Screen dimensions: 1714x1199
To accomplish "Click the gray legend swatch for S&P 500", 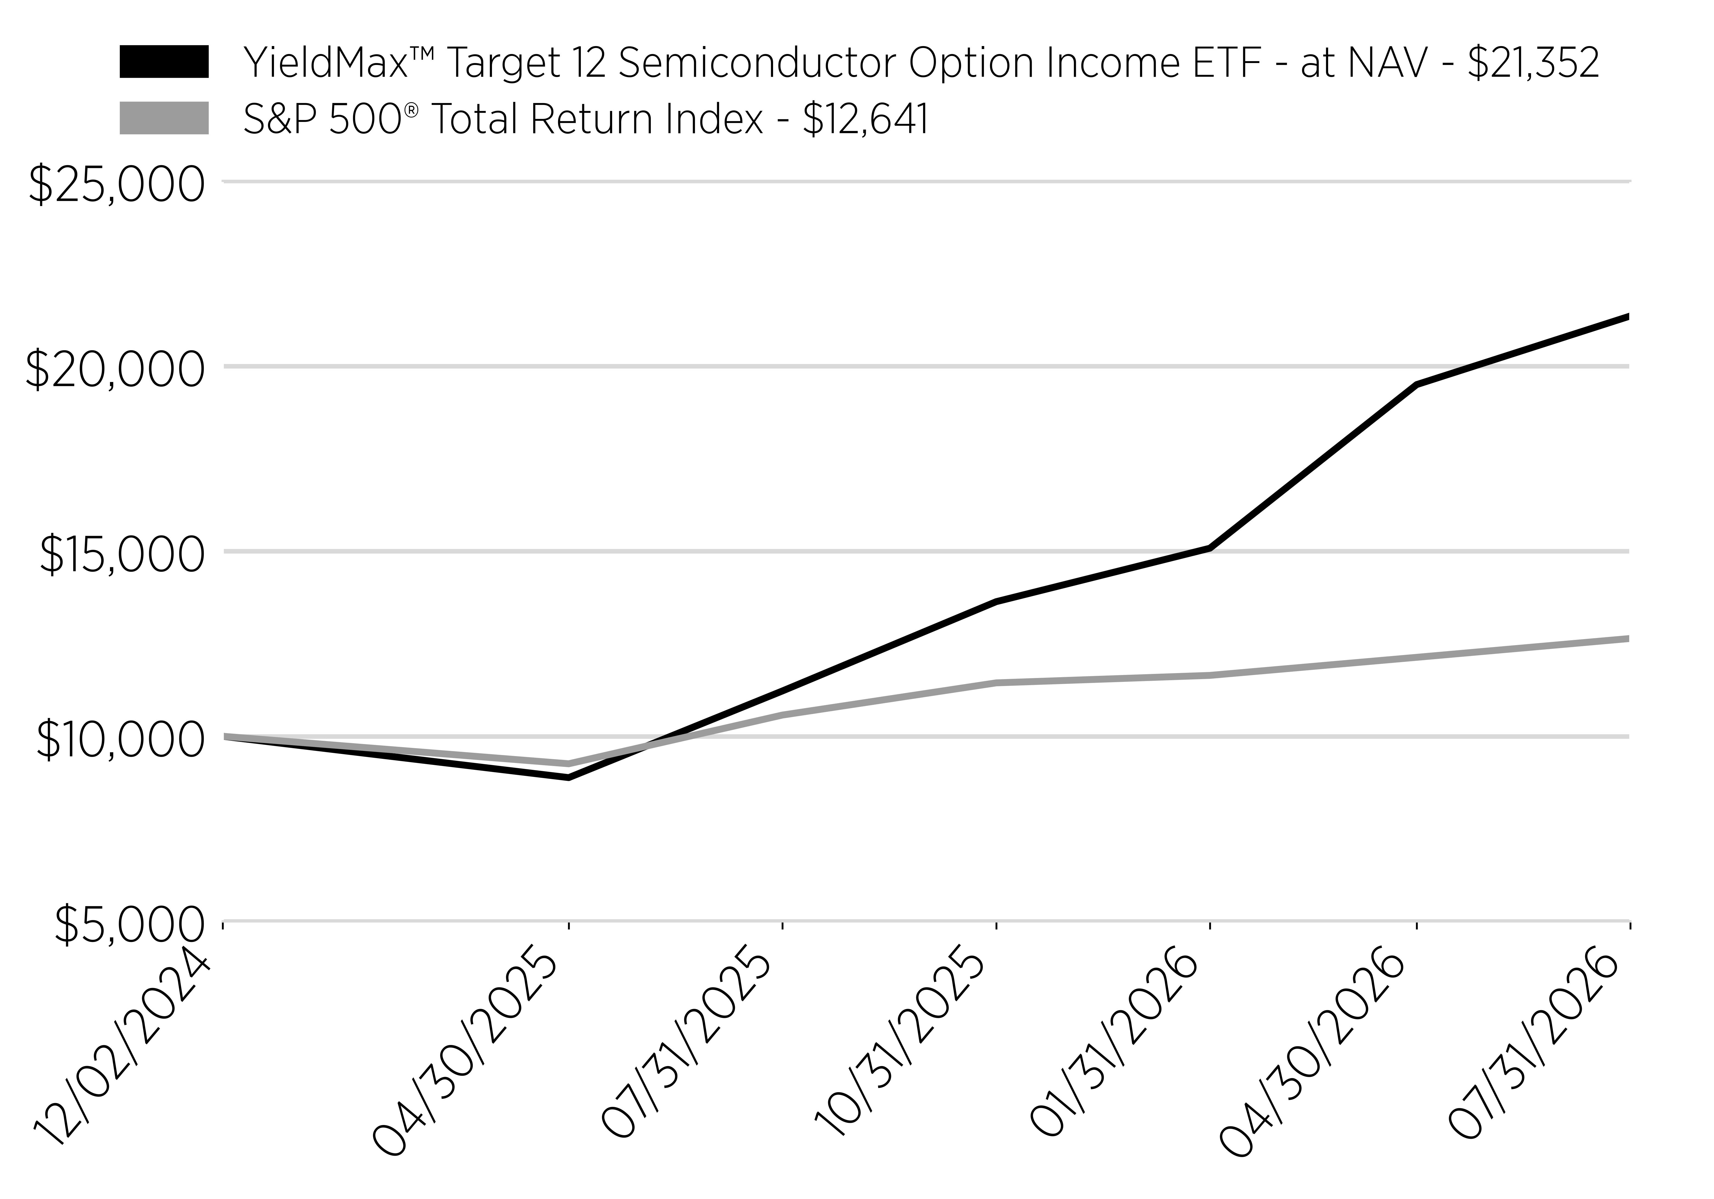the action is (x=163, y=119).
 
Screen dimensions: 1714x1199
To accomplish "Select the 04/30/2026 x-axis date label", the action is (x=1314, y=1060).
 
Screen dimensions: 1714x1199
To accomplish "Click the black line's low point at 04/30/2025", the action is (x=569, y=778).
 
